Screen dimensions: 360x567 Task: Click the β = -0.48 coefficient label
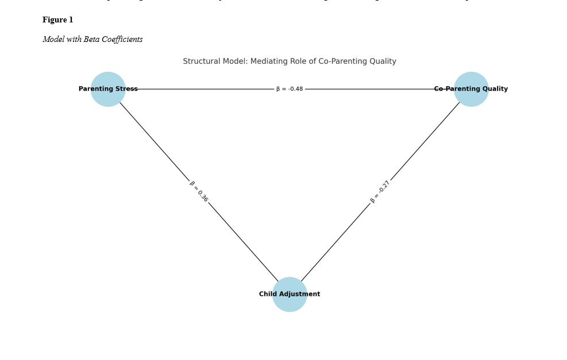(290, 89)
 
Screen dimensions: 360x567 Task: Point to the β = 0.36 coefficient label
(199, 191)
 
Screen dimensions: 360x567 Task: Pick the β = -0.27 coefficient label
(380, 192)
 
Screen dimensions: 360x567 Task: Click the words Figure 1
(57, 20)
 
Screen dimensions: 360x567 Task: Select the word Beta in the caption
(92, 40)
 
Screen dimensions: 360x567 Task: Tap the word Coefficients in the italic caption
(122, 40)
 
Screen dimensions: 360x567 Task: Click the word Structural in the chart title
(200, 61)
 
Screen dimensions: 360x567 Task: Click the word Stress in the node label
(126, 89)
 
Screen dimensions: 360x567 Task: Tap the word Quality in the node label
(495, 89)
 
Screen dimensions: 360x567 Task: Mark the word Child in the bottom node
(268, 295)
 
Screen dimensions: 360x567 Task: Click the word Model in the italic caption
(53, 40)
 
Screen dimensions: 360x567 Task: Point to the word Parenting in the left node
(96, 89)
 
